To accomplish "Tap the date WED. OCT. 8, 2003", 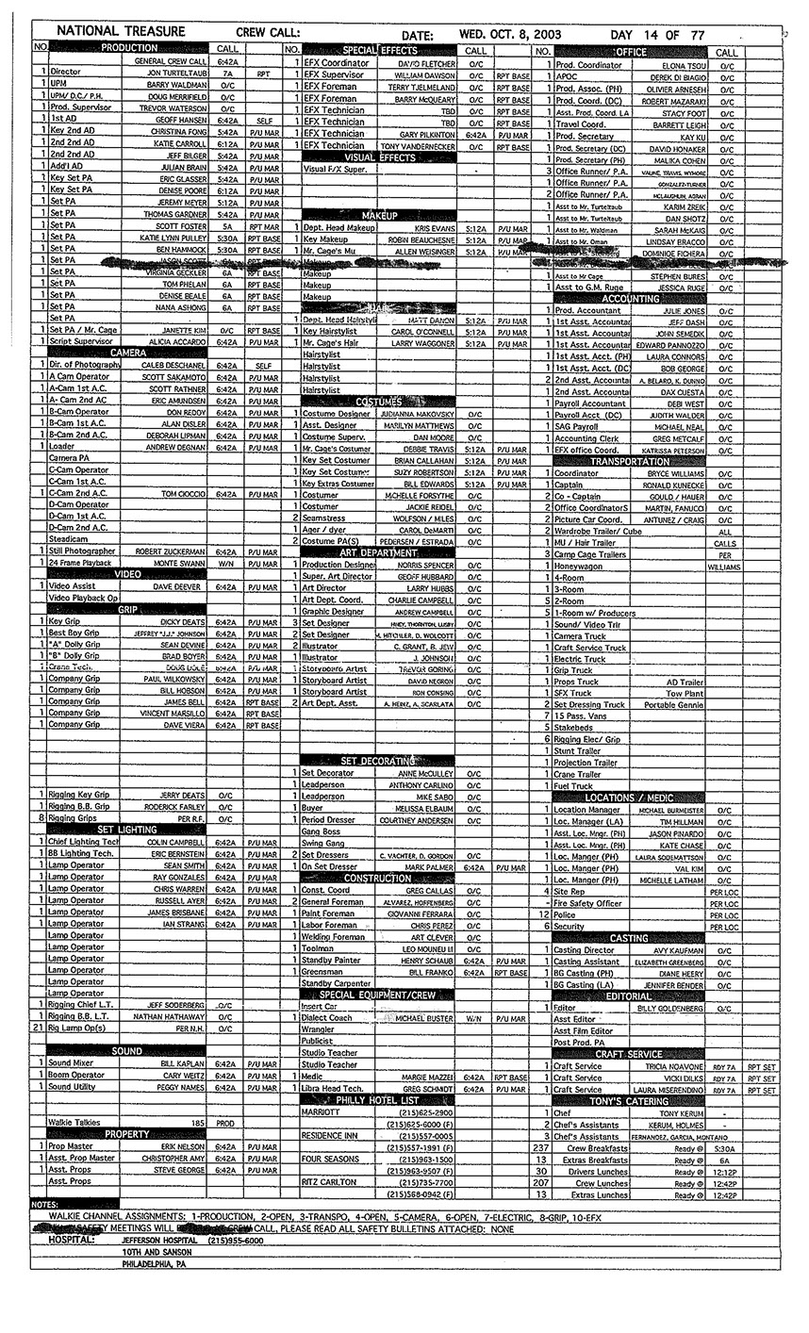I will [x=510, y=33].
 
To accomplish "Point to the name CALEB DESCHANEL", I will [x=172, y=365].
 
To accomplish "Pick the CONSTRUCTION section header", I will [x=377, y=878].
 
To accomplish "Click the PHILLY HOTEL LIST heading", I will [x=377, y=1099].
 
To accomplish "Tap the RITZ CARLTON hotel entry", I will [x=329, y=1181].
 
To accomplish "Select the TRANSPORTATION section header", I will [x=629, y=461].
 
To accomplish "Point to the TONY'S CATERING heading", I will [x=629, y=1101].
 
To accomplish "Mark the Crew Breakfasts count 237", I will [x=540, y=1147].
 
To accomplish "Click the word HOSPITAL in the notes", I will [x=72, y=1241].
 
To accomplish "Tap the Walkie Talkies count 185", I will [x=198, y=1123].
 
